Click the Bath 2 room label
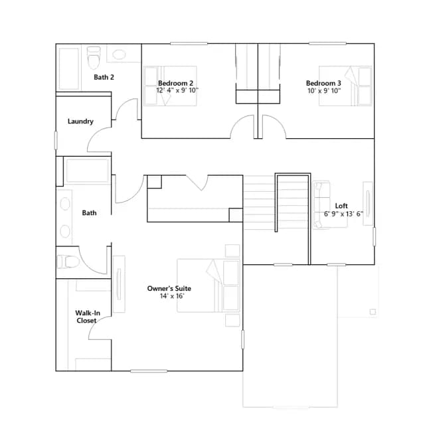click(104, 77)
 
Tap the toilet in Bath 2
click(94, 58)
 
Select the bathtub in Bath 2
click(69, 69)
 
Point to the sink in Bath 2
click(119, 54)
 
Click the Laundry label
click(80, 121)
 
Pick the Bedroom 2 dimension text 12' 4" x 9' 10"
click(177, 90)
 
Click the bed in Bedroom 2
click(170, 86)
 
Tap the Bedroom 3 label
click(323, 83)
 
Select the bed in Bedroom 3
click(345, 86)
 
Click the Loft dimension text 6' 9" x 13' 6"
click(343, 214)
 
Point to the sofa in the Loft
click(321, 205)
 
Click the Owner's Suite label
click(169, 288)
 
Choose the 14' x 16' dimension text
click(172, 296)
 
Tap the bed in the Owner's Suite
click(209, 286)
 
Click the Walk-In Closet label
click(87, 317)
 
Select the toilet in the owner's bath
click(68, 262)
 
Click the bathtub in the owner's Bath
click(87, 171)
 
